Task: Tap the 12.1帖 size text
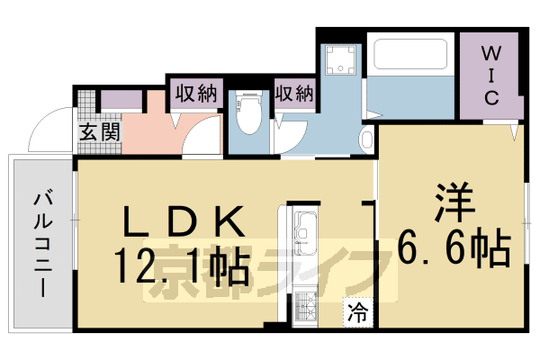coord(180,265)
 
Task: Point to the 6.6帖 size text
coord(454,244)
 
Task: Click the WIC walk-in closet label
coord(491,75)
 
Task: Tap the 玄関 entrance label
coord(97,132)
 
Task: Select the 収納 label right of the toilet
coord(293,94)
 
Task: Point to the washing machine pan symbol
coord(341,59)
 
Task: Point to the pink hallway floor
coord(144,130)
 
